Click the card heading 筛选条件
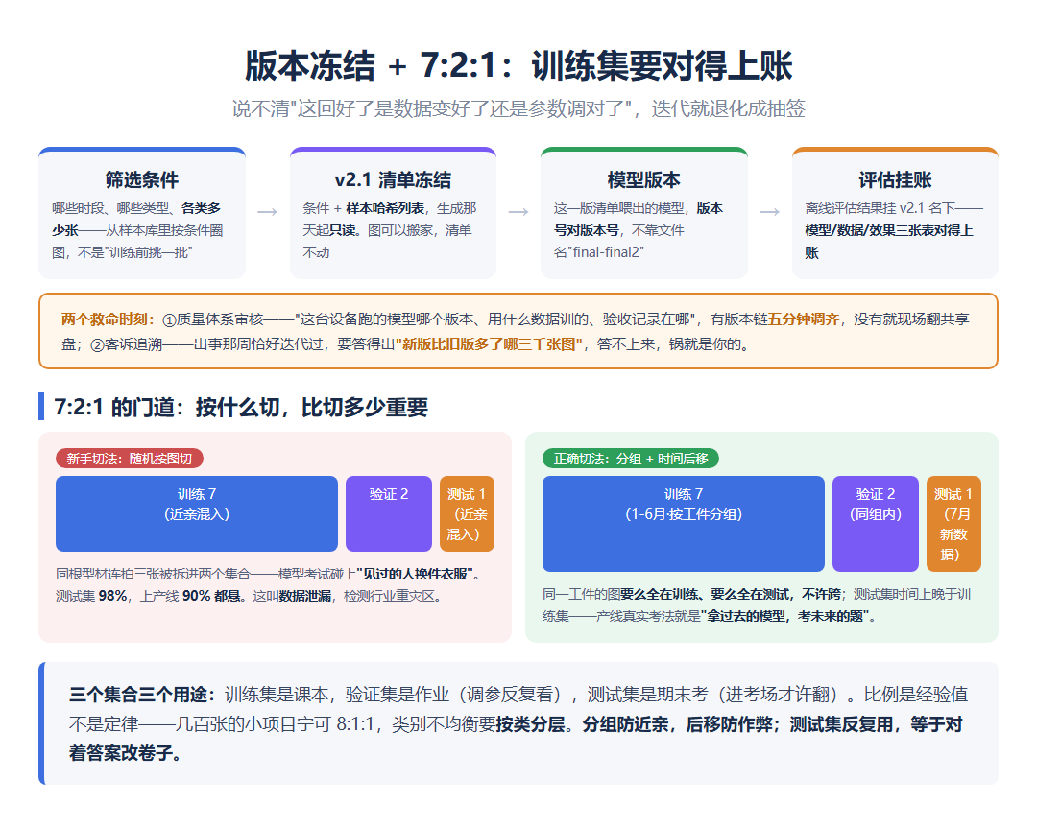142,179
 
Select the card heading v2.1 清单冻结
393,179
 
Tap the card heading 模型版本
644,179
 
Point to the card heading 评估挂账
895,179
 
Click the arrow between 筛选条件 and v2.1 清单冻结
267,211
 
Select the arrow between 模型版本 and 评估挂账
770,211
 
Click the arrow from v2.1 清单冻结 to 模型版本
518,211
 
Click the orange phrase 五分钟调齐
804,319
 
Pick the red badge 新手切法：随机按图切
130,459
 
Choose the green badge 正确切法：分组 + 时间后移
631,459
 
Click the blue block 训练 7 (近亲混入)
197,513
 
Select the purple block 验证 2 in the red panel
389,513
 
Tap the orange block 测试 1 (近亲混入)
467,513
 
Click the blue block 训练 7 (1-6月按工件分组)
684,524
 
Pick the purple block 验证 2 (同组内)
876,524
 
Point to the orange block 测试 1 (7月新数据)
953,524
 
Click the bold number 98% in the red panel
112,596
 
